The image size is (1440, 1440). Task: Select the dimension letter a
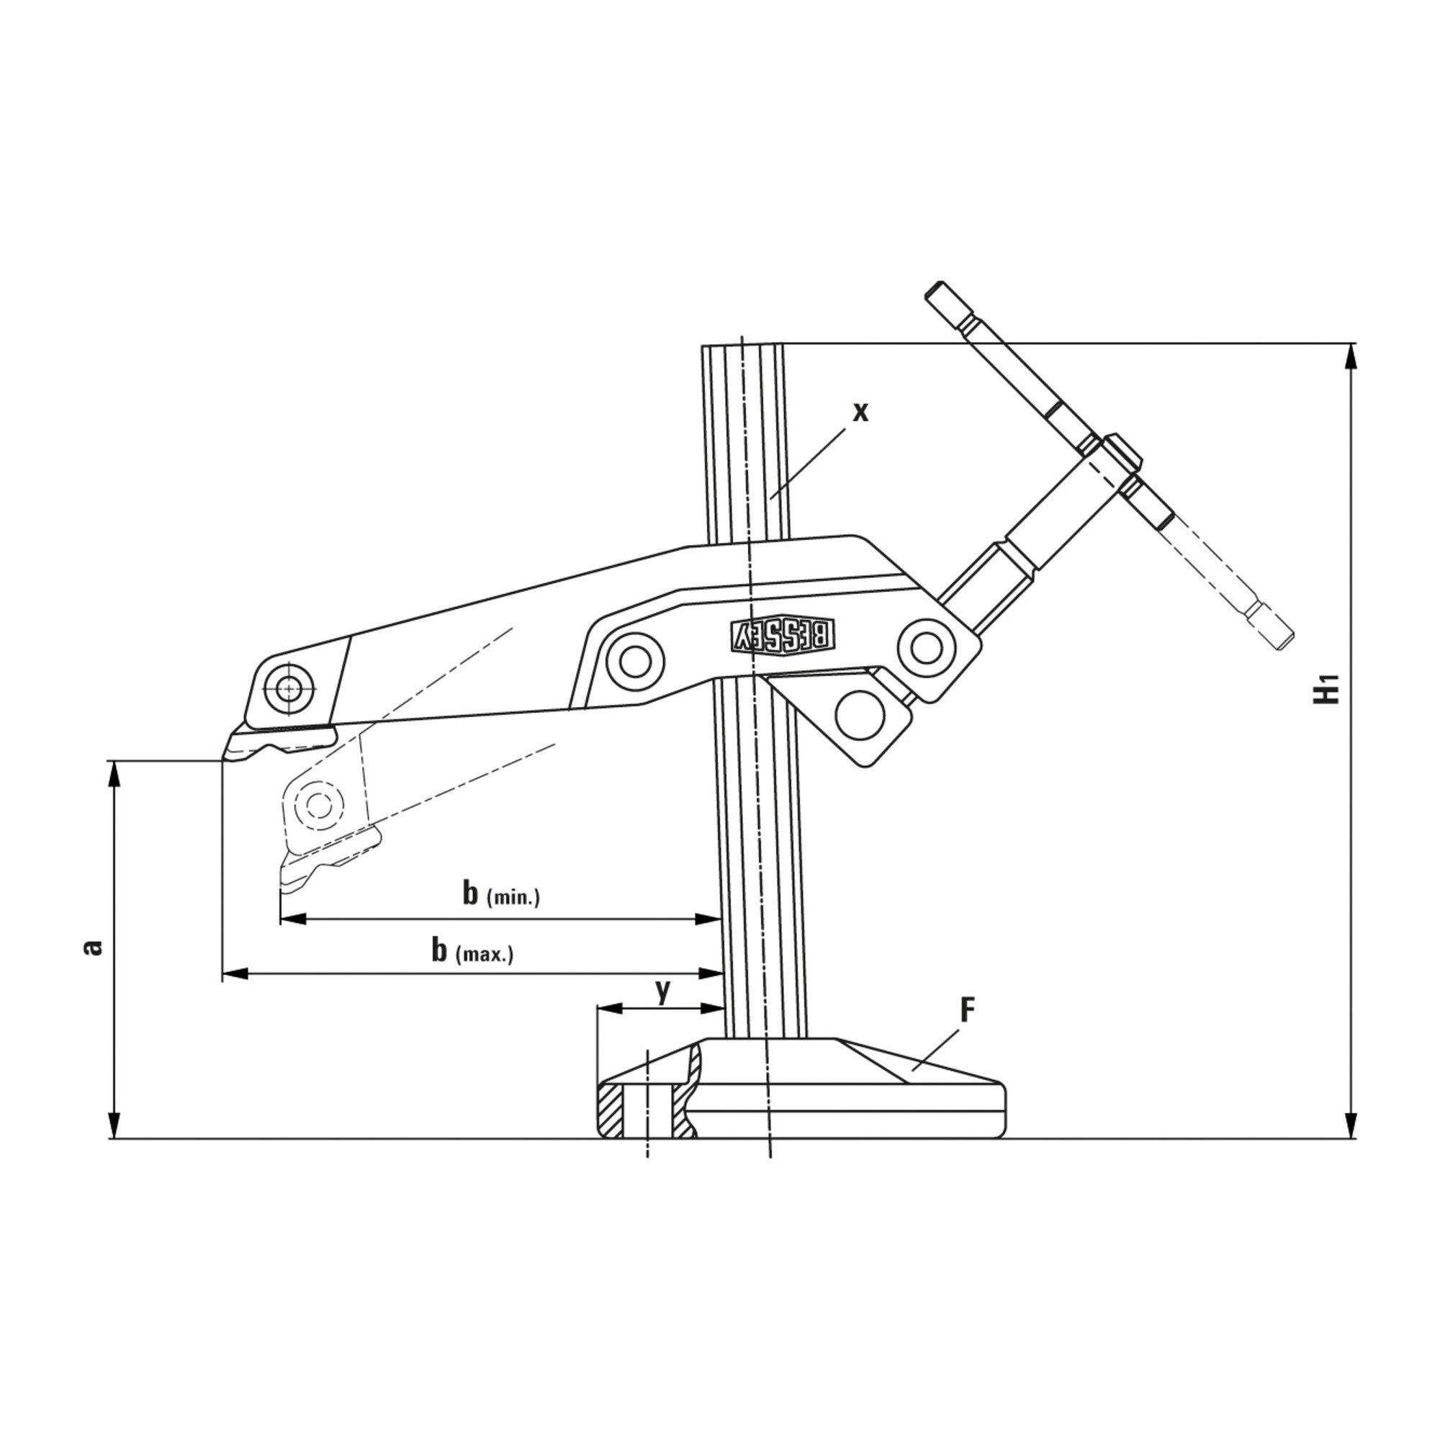pyautogui.click(x=92, y=948)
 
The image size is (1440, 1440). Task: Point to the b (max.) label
pyautogui.click(x=472, y=950)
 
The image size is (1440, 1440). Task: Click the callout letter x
pyautogui.click(x=861, y=411)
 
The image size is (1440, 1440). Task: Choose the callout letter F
pyautogui.click(x=968, y=1010)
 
